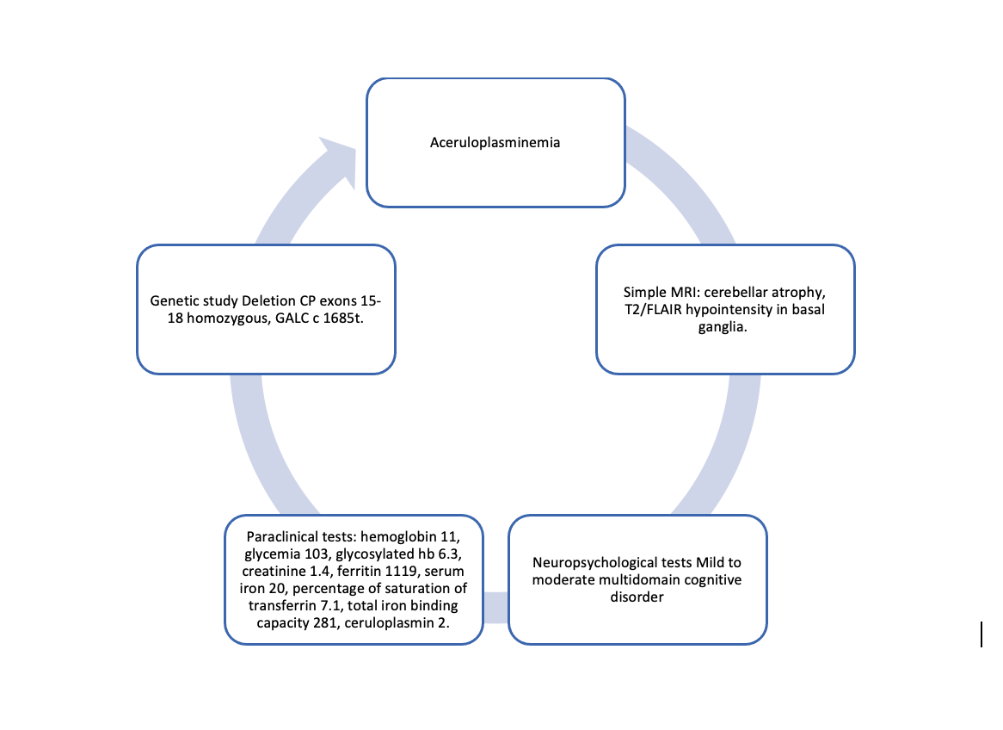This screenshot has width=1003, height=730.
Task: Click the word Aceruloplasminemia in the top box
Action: point(495,142)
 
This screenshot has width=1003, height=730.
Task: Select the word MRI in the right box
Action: point(674,293)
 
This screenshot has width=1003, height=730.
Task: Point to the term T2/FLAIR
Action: point(655,309)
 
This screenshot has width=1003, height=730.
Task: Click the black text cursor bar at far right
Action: point(981,634)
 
